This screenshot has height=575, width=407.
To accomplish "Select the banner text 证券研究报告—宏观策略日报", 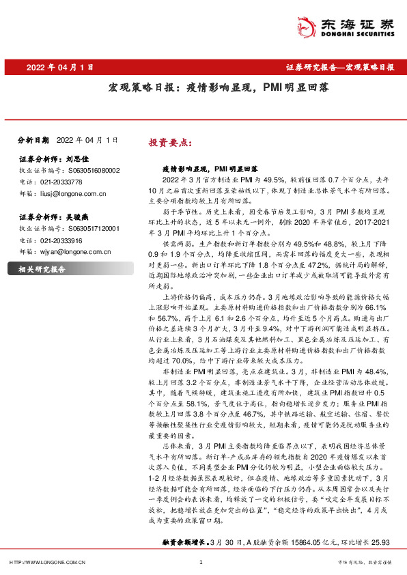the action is point(339,68).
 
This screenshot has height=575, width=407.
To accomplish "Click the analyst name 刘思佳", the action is point(79,158).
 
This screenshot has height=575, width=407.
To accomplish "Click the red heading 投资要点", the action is point(170,145).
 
